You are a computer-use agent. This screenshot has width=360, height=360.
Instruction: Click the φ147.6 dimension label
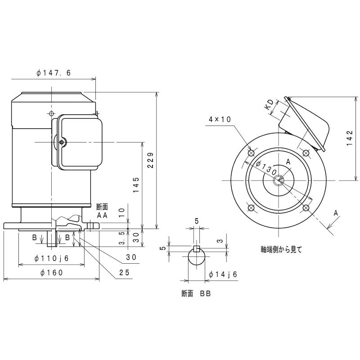[x=54, y=72]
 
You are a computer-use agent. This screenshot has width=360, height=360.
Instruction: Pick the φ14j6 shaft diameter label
[x=223, y=274]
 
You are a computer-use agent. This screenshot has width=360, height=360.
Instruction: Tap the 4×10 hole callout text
[x=220, y=119]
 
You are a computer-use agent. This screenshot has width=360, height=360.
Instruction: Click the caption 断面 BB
[x=196, y=293]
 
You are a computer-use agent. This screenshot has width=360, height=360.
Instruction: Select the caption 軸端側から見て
[x=281, y=248]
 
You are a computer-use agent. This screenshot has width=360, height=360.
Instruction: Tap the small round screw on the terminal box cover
[x=61, y=143]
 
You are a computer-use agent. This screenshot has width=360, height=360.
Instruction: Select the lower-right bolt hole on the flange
[x=306, y=207]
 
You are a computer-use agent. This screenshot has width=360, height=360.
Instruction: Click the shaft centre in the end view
[x=279, y=180]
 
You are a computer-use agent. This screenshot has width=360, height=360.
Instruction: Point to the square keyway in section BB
[x=196, y=248]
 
